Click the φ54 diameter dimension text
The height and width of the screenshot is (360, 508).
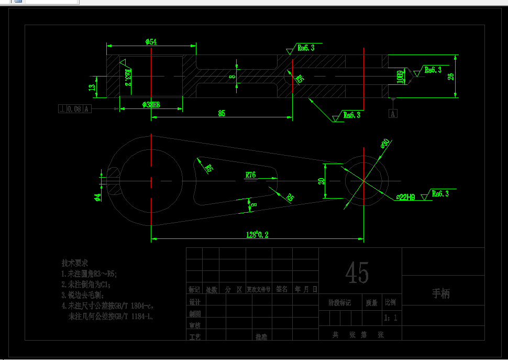click(151, 42)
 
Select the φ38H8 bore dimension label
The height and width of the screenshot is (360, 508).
click(151, 105)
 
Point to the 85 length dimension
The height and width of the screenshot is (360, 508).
click(222, 113)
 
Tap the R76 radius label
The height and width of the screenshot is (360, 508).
click(251, 175)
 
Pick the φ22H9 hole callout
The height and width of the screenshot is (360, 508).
click(406, 197)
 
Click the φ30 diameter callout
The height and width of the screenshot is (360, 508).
click(385, 144)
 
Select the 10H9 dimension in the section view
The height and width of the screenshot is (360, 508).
click(400, 77)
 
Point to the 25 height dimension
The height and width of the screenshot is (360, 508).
click(451, 76)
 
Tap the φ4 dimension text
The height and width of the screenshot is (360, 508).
click(97, 197)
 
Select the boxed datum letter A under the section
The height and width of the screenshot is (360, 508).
click(393, 113)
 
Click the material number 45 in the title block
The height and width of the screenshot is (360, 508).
click(357, 273)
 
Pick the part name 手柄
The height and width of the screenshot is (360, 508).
click(440, 293)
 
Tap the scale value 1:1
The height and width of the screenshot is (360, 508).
click(391, 318)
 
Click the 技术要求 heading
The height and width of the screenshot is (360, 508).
click(74, 263)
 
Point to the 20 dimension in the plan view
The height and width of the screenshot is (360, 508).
click(321, 181)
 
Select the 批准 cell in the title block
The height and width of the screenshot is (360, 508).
click(261, 337)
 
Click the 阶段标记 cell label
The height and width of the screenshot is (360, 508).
click(339, 302)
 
